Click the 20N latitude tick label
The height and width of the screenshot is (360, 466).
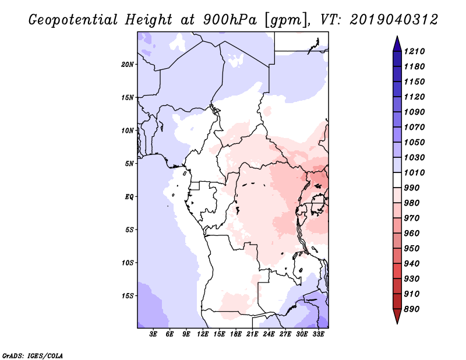coord(128,65)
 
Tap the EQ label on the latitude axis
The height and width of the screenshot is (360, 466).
coord(129,197)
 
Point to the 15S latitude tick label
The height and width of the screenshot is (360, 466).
coord(128,296)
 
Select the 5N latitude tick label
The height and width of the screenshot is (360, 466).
coord(129,164)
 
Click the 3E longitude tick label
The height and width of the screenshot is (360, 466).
coord(153,334)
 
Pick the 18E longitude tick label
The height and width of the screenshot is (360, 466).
coord(236,334)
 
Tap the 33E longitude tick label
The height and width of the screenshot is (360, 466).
coord(318,334)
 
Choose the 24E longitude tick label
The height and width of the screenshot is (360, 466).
coord(269,334)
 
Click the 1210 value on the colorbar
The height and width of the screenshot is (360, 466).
coord(414,51)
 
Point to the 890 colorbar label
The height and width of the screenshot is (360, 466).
coord(412,309)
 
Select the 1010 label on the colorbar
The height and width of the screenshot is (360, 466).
coord(414,172)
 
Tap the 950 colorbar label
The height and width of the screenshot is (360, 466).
coord(412,249)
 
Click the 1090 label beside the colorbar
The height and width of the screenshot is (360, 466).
coord(414,112)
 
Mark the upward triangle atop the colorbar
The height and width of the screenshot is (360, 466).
coord(397,44)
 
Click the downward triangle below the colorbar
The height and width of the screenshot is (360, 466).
coord(397,316)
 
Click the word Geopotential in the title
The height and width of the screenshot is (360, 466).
coord(73,20)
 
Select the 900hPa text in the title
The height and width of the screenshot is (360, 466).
coord(230,20)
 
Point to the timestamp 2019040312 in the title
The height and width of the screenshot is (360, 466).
coord(394,20)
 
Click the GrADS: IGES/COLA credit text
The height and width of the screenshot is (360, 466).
coord(33,356)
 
